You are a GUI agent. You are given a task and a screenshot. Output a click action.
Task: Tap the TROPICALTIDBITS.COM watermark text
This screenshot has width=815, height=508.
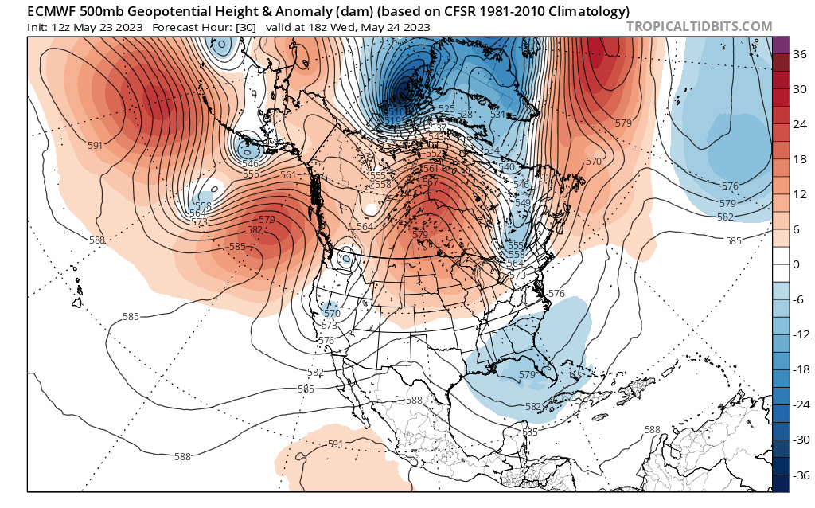coord(699,26)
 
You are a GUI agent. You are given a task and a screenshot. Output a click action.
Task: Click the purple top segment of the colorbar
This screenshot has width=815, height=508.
coord(780,45)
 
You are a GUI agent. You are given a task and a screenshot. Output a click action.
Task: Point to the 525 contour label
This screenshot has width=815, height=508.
coord(446,109)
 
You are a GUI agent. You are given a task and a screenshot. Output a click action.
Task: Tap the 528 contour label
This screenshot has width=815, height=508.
coord(466,115)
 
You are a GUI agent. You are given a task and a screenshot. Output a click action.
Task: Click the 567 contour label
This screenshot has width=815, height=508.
coord(431,182)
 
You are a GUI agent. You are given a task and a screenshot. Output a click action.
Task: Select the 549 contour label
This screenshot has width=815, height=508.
coord(522,202)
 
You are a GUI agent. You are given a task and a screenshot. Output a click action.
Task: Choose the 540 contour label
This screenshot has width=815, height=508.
coord(507,166)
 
